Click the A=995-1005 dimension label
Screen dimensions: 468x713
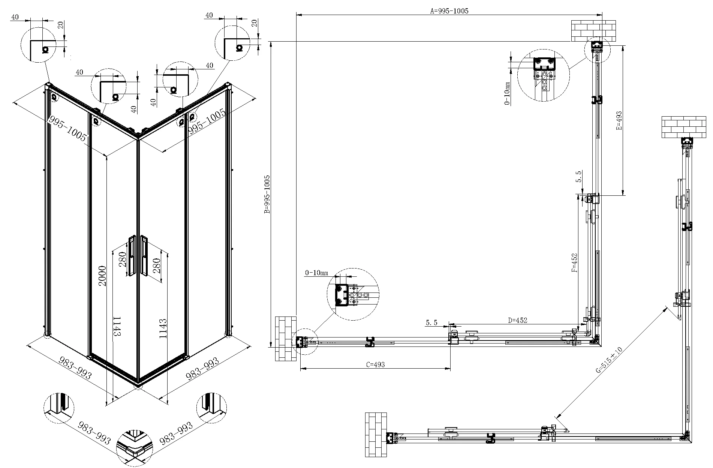click(x=449, y=11)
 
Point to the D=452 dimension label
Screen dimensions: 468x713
click(x=517, y=320)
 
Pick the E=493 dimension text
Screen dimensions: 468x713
click(x=619, y=120)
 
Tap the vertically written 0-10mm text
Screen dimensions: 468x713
click(x=508, y=94)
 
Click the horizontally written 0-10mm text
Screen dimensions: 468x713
click(x=317, y=273)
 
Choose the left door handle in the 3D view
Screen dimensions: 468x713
click(x=132, y=256)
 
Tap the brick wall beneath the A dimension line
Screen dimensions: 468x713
click(x=593, y=31)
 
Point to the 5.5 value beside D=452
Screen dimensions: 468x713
click(x=432, y=322)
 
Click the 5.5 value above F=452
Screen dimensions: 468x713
click(x=579, y=176)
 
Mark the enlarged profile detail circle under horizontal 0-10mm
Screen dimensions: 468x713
click(x=353, y=294)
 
